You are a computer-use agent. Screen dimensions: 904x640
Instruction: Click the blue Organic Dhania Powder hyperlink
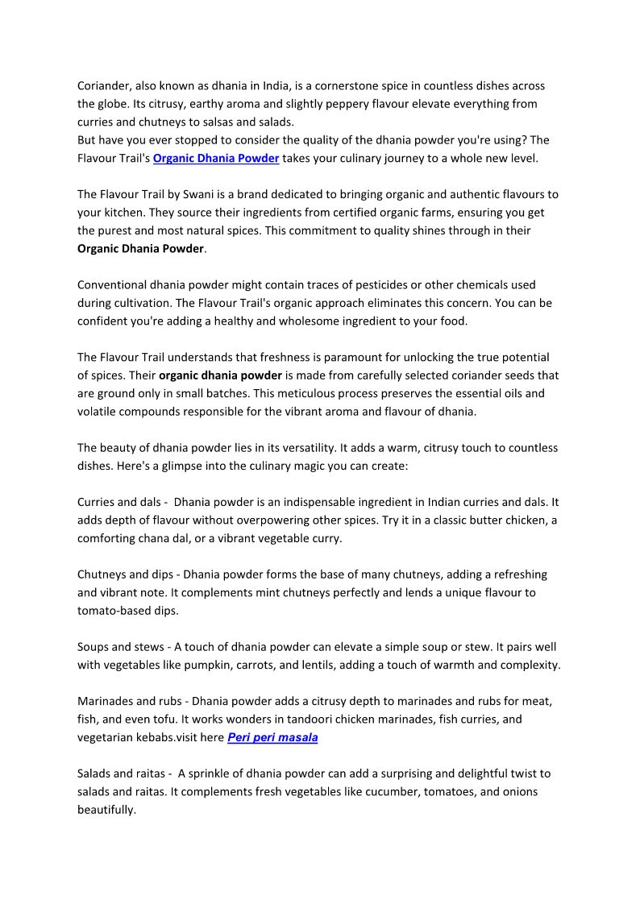click(x=216, y=158)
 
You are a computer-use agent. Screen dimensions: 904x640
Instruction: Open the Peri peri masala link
click(x=272, y=737)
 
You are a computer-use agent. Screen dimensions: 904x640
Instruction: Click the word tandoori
click(x=297, y=719)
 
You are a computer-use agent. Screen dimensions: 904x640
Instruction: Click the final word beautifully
click(x=106, y=810)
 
